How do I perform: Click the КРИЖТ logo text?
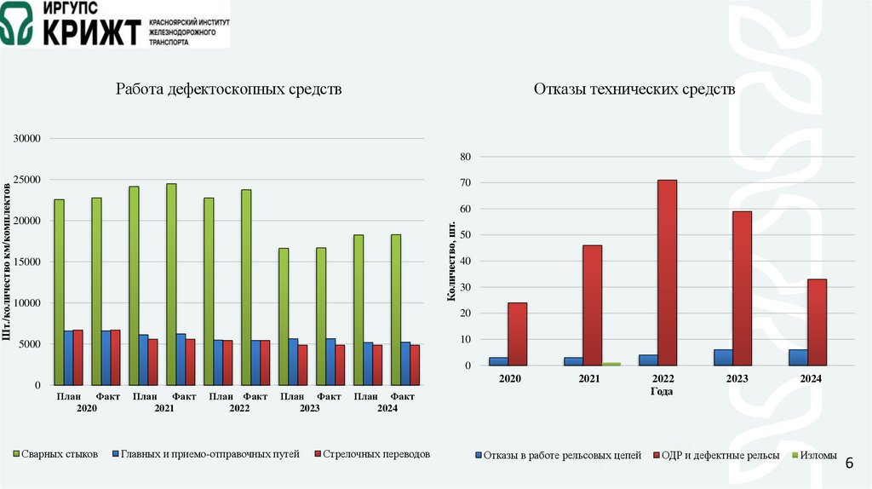pyautogui.click(x=83, y=32)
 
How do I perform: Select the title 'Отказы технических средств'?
pyautogui.click(x=634, y=89)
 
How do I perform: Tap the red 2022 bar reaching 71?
pyautogui.click(x=667, y=273)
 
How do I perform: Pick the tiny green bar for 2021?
pyautogui.click(x=611, y=364)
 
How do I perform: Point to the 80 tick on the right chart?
pyautogui.click(x=465, y=157)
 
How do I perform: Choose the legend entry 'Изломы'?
pyautogui.click(x=813, y=456)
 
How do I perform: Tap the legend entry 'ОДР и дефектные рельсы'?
pyautogui.click(x=715, y=456)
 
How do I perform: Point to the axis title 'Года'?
pyautogui.click(x=662, y=392)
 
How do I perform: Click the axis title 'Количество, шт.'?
pyautogui.click(x=450, y=259)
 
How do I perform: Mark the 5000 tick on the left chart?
pyautogui.click(x=35, y=344)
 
